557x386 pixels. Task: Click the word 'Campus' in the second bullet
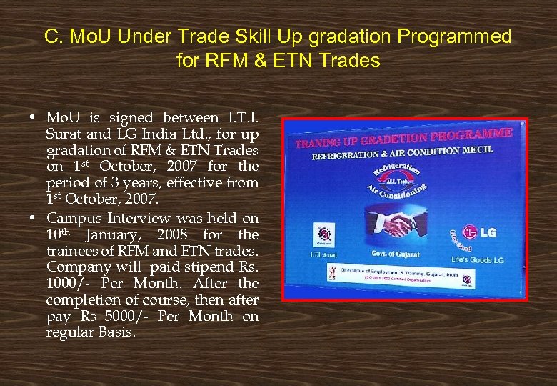click(x=71, y=218)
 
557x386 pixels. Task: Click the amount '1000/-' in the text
click(x=66, y=284)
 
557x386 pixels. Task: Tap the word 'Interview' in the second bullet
click(x=138, y=218)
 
